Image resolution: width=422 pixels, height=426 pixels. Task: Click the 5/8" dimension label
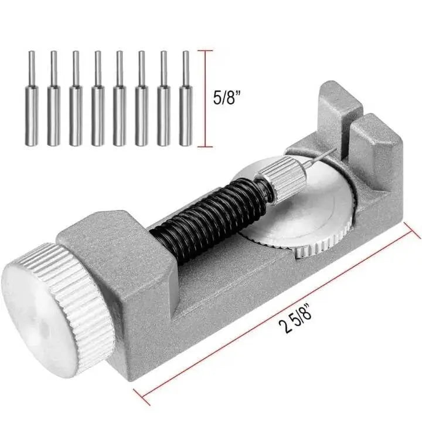(226, 97)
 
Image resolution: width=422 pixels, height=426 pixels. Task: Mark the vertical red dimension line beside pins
(205, 97)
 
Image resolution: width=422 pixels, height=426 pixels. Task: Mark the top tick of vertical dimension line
(205, 51)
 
